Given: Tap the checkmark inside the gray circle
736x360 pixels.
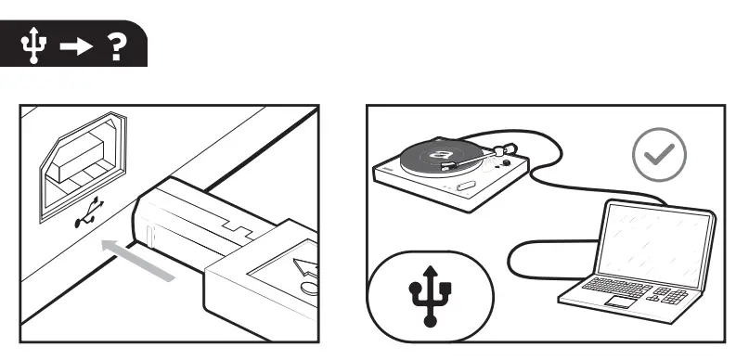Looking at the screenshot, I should pos(659,153).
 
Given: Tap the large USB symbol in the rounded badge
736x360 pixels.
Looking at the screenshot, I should pos(430,291).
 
